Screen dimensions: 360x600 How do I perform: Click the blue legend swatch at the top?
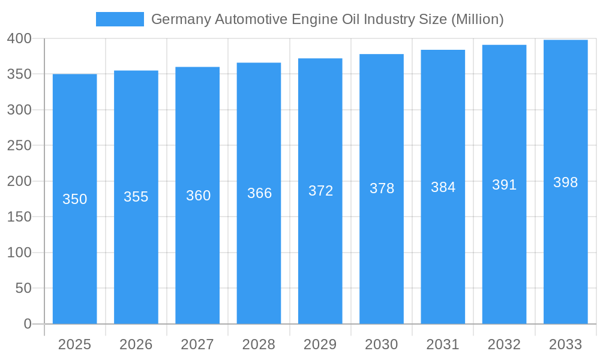[120, 19]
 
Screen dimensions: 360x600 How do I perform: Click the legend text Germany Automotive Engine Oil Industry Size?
[327, 19]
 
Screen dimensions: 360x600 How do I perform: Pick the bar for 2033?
[565, 258]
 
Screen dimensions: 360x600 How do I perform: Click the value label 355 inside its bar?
[136, 197]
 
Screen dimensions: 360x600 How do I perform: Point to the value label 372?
[320, 191]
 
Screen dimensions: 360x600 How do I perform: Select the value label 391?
[504, 185]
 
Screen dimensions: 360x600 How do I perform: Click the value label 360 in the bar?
[198, 196]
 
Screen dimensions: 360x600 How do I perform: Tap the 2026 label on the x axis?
[136, 344]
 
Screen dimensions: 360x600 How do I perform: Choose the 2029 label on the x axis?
[320, 344]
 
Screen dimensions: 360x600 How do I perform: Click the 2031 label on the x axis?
[443, 344]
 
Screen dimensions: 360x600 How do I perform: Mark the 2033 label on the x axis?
[565, 344]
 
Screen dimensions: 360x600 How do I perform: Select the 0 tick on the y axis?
[27, 324]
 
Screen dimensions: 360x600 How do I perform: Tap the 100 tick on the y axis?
[19, 253]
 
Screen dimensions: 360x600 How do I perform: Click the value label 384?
[443, 187]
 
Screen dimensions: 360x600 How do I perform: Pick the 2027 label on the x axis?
[197, 344]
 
